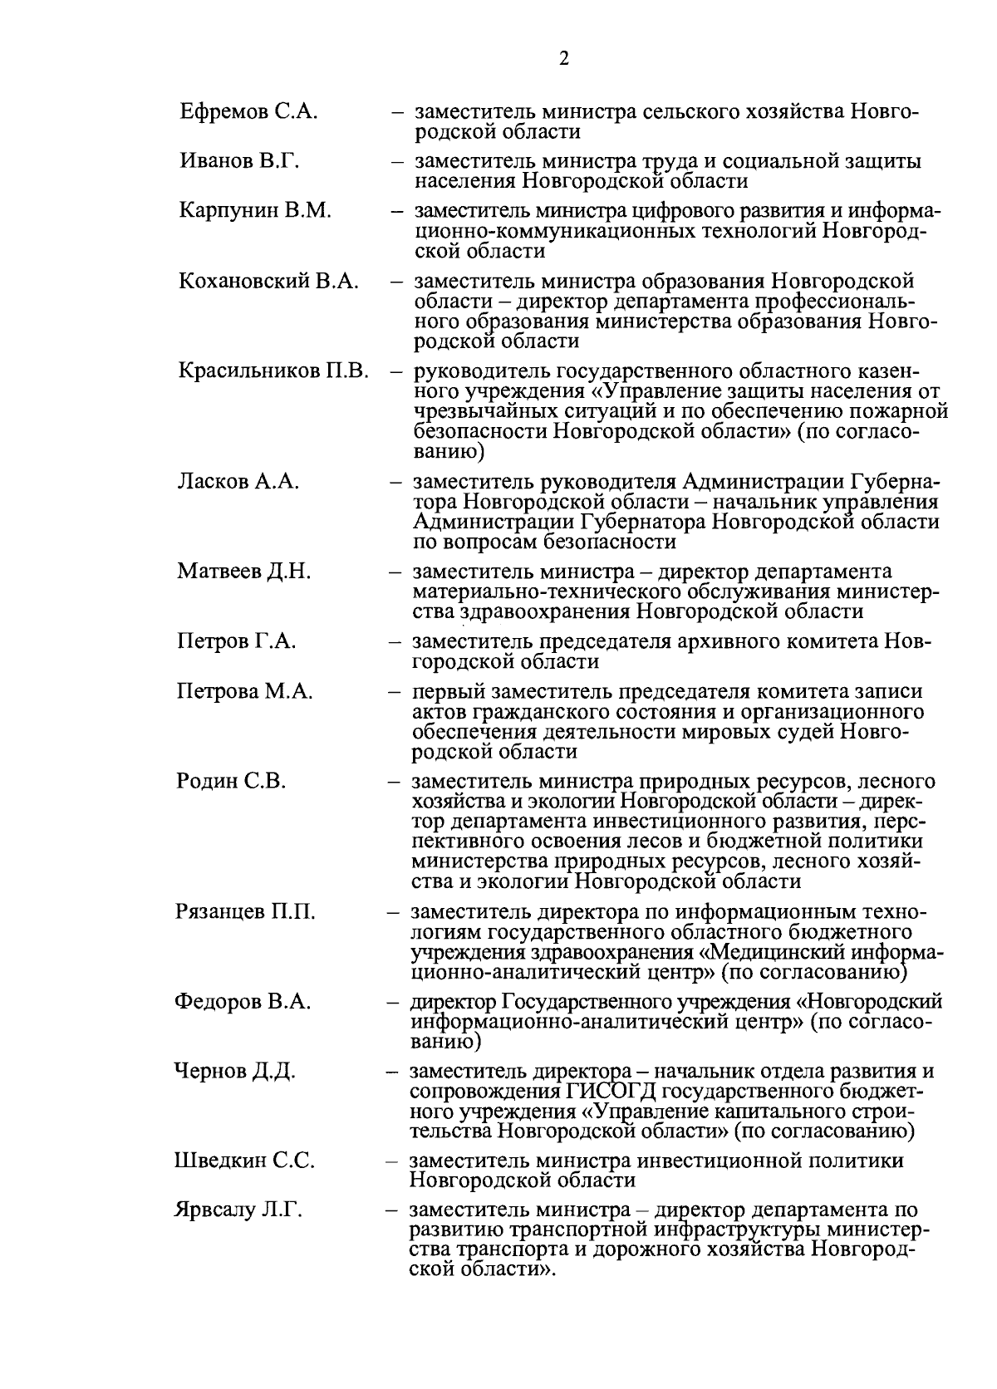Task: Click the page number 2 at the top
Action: point(564,58)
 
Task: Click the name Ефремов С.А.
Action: point(248,111)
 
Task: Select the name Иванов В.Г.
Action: point(239,160)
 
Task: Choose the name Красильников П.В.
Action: point(273,371)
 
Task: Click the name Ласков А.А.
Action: point(238,481)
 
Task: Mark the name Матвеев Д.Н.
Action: point(244,572)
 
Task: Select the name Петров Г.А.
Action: point(237,641)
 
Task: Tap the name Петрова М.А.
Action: point(245,691)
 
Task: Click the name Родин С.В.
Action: point(231,781)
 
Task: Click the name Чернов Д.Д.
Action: point(234,1071)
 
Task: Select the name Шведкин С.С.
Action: point(244,1161)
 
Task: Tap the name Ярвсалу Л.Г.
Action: point(238,1210)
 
